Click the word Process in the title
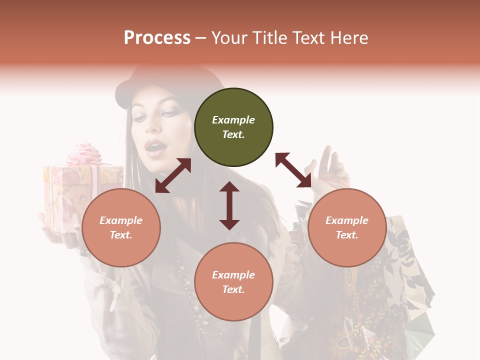[157, 38]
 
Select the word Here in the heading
[348, 38]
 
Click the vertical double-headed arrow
[229, 205]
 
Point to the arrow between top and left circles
[173, 175]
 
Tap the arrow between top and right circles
[293, 170]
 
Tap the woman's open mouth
[155, 146]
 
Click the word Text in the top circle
[233, 134]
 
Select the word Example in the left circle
[121, 220]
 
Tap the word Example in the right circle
[347, 220]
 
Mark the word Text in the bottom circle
[233, 289]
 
